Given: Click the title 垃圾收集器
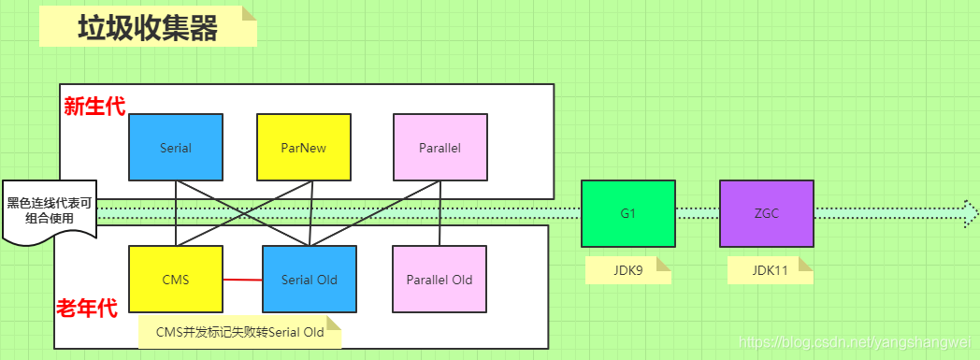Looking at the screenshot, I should pos(148,28).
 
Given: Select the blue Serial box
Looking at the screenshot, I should pos(176,148).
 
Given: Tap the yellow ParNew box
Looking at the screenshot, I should pos(303,148).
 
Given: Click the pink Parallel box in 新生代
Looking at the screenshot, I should pos(440,148).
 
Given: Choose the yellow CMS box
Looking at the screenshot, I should pos(176,280).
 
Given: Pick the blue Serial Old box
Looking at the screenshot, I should pos(310,280).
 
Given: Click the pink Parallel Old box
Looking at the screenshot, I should pos(440,280).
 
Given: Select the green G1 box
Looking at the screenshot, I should pos(627,213).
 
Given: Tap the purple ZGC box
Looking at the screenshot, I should pos(766,213).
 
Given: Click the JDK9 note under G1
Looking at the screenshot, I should pos(627,270).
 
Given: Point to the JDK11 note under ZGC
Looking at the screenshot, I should pos(770,270).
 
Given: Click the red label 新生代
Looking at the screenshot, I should pos(94,106).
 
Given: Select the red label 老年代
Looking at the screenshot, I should pos(87,308).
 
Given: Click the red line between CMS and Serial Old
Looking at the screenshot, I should pos(242,280).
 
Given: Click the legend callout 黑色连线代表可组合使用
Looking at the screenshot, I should pos(50,210).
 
